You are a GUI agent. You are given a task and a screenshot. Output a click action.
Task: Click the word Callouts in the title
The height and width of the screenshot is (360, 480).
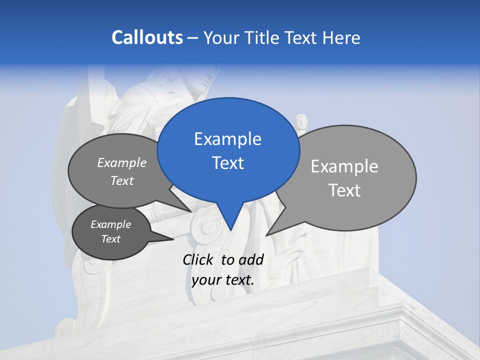coord(147,37)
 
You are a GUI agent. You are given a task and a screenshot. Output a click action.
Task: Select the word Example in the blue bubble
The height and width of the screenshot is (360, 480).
coord(227,139)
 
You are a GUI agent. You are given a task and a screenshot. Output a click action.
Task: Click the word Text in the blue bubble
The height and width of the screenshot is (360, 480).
coord(227,163)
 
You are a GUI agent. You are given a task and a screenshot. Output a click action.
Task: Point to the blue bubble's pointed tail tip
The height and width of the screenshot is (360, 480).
coord(230,230)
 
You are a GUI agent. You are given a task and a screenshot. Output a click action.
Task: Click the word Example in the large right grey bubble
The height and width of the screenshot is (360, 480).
coord(344,166)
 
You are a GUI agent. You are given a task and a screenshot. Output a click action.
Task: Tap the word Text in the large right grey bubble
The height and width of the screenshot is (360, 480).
coord(344,190)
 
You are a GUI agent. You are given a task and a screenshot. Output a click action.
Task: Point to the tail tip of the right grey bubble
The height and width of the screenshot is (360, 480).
coord(266,235)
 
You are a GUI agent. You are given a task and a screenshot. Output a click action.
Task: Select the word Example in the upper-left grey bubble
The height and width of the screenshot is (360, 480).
coord(122,162)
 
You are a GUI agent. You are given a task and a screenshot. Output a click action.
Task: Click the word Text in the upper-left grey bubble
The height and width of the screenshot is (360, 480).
coord(122,180)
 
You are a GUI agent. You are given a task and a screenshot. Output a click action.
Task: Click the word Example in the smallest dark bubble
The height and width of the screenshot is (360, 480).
coord(110,224)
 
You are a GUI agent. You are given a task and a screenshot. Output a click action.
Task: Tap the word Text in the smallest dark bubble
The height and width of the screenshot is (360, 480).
coord(110,239)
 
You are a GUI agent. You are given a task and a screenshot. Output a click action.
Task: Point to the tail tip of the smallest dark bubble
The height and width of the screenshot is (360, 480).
coord(173,239)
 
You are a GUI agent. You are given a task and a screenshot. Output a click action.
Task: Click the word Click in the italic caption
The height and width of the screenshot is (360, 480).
coord(198,259)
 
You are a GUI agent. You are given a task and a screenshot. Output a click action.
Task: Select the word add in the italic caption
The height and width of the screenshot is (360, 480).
coord(251,259)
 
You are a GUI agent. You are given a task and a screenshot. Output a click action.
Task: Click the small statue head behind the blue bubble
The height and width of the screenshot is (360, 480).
coord(301,121)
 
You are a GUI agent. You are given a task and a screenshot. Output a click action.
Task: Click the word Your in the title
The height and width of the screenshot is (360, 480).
coord(220,37)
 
